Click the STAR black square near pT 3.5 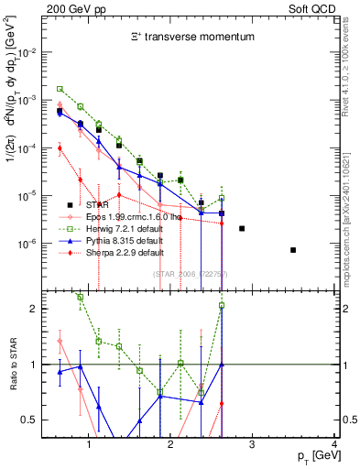[x=293, y=250]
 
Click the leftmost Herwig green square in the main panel [x=60, y=89]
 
